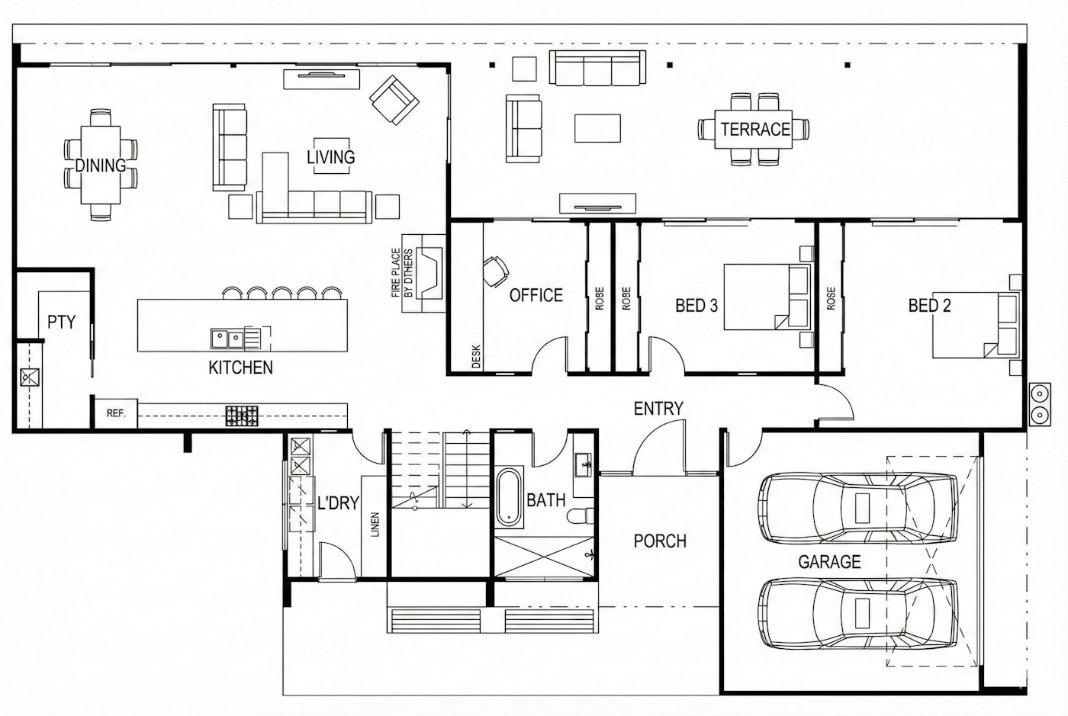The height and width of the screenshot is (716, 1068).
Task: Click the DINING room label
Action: tap(101, 165)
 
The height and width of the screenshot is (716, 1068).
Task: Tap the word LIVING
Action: tap(330, 157)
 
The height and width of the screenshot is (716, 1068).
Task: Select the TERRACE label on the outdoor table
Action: tap(755, 129)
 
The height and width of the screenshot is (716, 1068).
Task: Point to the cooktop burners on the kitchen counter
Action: tap(242, 416)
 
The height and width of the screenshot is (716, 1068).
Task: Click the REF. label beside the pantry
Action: tap(115, 413)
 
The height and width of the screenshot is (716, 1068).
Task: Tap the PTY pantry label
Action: tap(62, 322)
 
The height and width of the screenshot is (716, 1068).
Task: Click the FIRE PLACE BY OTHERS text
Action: tap(402, 272)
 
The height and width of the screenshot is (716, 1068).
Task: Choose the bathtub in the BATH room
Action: tap(508, 499)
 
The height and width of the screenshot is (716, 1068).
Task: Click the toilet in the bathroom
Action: tap(582, 516)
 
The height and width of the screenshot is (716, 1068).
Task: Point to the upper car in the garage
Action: tap(857, 508)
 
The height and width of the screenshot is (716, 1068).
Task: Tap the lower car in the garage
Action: tap(857, 613)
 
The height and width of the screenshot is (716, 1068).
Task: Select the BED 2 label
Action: tap(929, 306)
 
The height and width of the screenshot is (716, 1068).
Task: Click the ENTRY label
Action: tap(658, 409)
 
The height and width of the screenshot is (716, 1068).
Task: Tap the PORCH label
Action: tap(660, 541)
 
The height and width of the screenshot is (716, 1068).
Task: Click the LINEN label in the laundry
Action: tap(375, 525)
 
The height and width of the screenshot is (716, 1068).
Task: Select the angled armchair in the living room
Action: tap(394, 99)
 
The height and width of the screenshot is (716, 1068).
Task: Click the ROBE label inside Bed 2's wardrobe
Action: tap(831, 298)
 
